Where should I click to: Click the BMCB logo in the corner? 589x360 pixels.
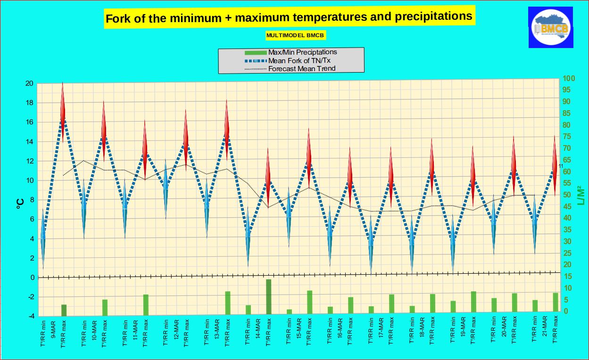tap(551, 27)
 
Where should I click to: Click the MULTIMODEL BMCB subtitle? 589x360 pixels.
tap(296, 35)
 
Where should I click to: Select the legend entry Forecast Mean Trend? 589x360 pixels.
tap(301, 68)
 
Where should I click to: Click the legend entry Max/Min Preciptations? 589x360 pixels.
tap(302, 52)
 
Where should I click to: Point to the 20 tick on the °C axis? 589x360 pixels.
tap(29, 83)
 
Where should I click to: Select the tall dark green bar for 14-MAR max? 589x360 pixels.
tap(269, 297)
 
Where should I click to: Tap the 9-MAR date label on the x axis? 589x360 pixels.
tap(54, 331)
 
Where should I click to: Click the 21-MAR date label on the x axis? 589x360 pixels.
tap(545, 331)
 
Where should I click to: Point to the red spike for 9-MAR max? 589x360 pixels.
tap(63, 113)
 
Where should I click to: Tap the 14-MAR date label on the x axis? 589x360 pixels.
tap(258, 331)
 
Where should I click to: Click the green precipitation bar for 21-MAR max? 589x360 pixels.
tap(556, 303)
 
